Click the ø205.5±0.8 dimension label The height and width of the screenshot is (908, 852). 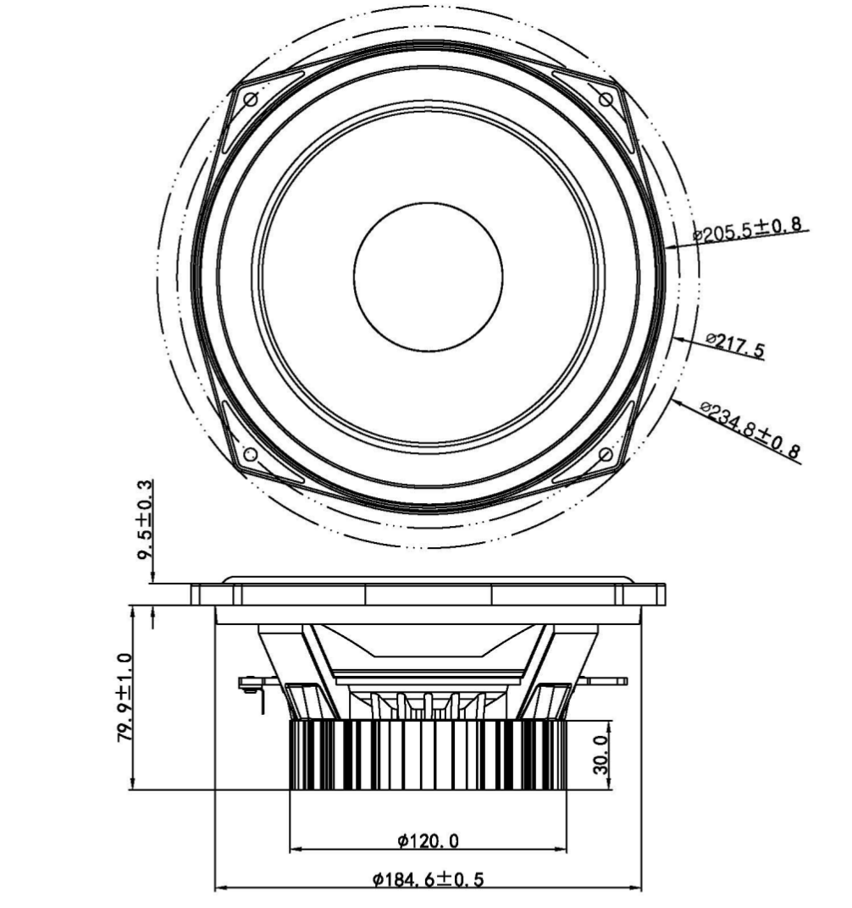(748, 229)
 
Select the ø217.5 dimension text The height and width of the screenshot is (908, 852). (735, 344)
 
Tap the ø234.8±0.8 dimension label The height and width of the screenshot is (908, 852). (750, 431)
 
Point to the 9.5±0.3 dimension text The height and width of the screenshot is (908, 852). (146, 519)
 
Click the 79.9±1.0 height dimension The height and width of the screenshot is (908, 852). (125, 698)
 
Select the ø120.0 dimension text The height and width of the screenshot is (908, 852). (428, 840)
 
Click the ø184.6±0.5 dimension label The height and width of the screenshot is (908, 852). (428, 879)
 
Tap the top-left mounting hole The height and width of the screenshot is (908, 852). (251, 100)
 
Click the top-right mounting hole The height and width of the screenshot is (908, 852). (606, 100)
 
